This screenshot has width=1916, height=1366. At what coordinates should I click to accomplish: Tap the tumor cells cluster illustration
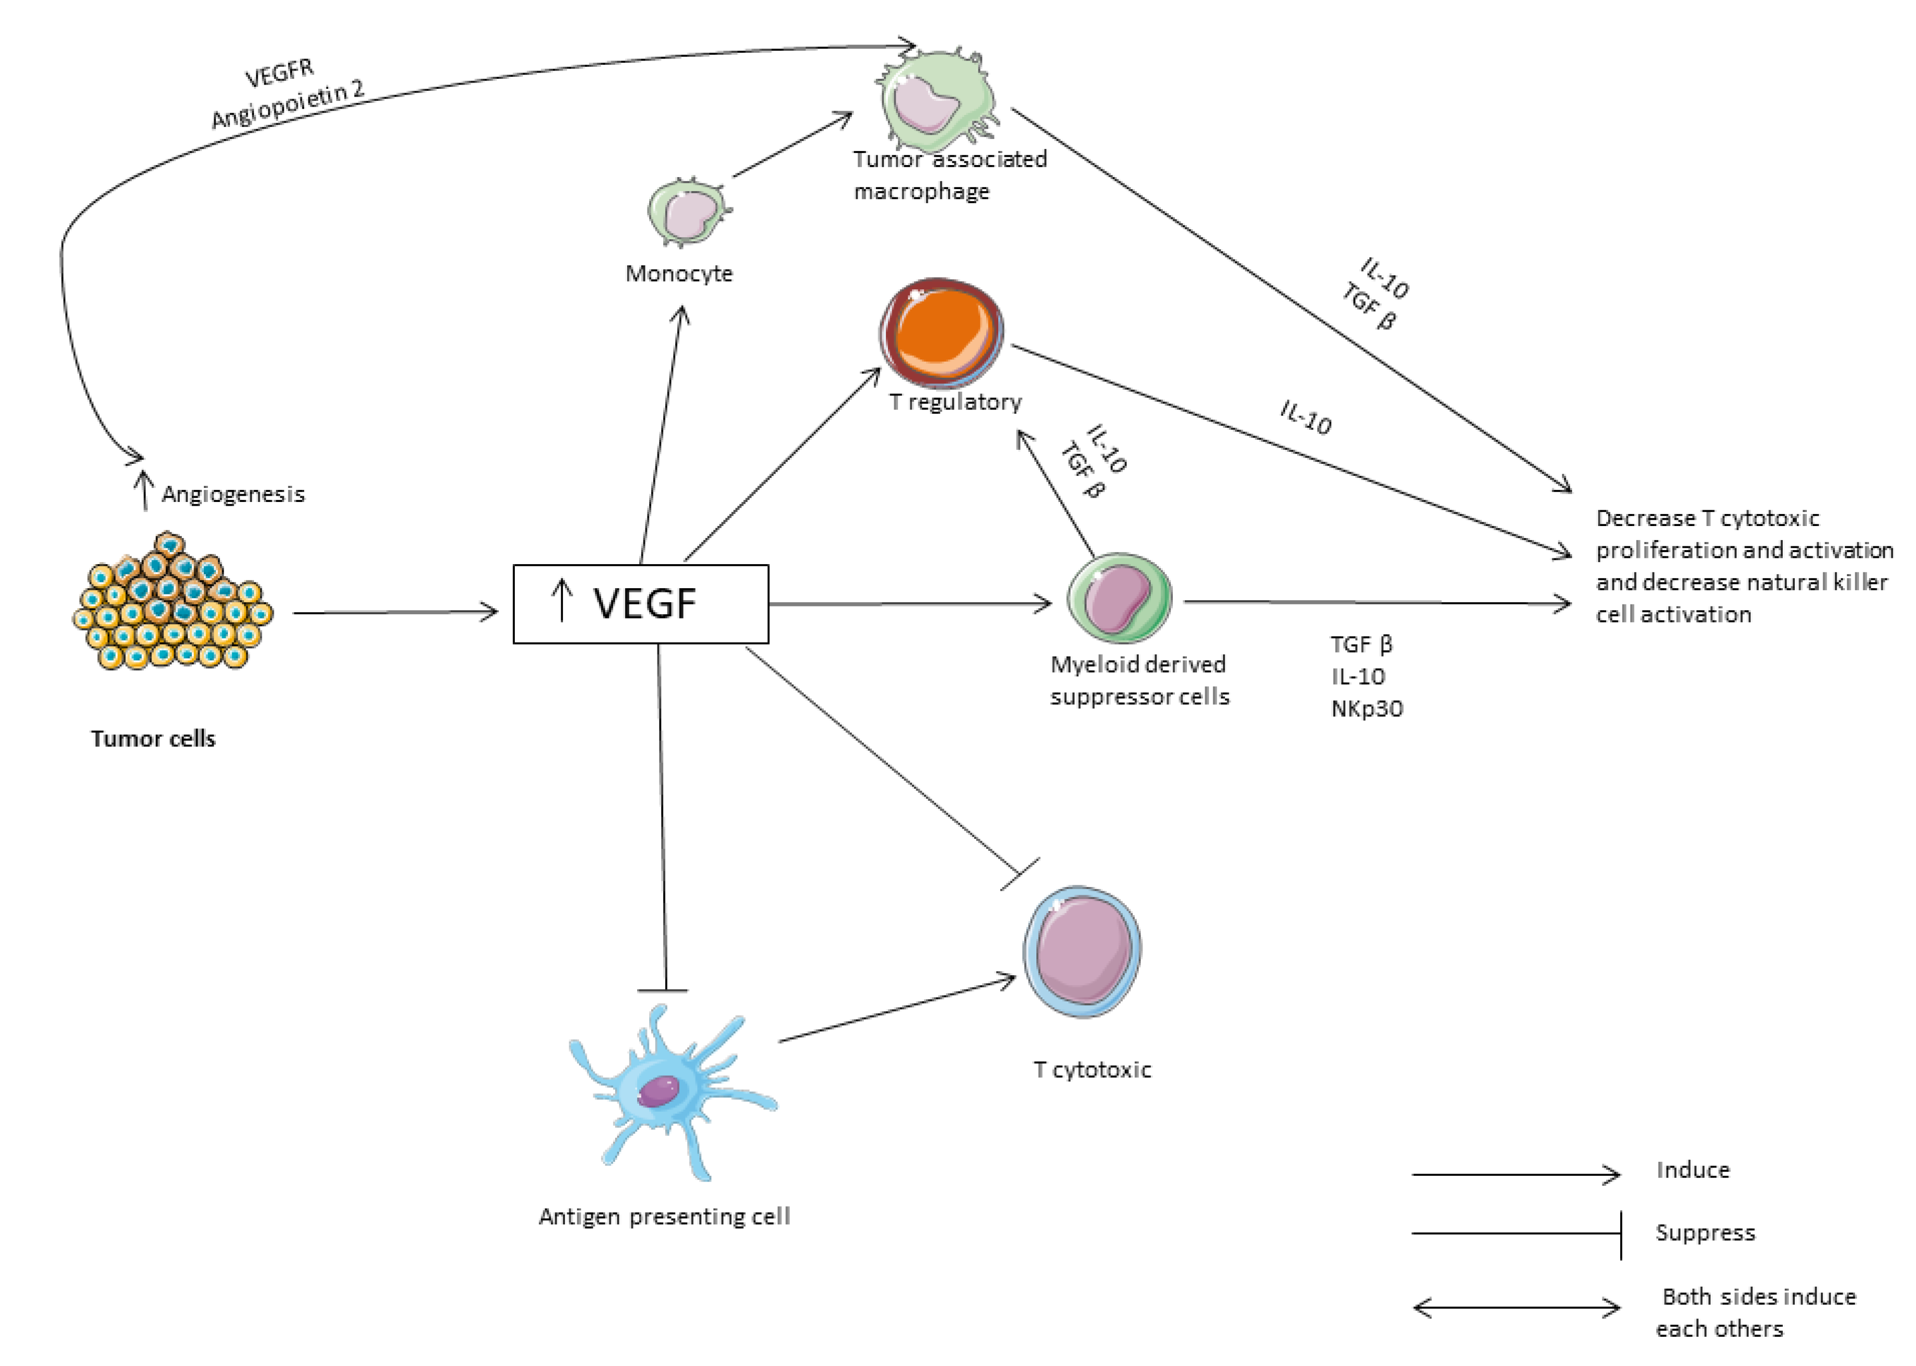[x=172, y=601]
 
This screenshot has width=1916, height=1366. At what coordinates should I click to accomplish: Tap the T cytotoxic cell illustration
[x=1082, y=951]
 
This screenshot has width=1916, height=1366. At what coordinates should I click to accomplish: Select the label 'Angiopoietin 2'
[x=288, y=104]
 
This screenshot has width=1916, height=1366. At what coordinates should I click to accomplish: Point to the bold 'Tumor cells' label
[x=153, y=739]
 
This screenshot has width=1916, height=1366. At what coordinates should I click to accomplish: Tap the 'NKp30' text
[x=1367, y=708]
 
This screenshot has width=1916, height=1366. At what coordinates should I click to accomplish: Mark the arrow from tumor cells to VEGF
[x=396, y=612]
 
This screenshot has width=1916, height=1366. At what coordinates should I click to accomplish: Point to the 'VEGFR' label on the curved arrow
[x=280, y=73]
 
